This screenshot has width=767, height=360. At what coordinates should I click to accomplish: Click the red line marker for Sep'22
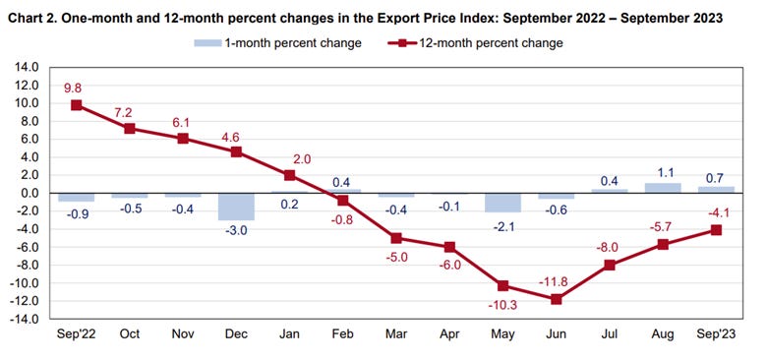(76, 105)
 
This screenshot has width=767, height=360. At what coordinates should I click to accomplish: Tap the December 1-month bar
(236, 207)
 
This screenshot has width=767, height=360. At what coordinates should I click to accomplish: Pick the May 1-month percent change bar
(501, 203)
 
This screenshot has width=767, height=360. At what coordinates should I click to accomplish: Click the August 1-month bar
(662, 188)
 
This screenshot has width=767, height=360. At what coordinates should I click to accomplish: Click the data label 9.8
(76, 85)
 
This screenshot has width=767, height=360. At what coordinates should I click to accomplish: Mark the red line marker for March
(395, 238)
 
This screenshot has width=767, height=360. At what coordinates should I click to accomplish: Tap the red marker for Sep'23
(715, 230)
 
